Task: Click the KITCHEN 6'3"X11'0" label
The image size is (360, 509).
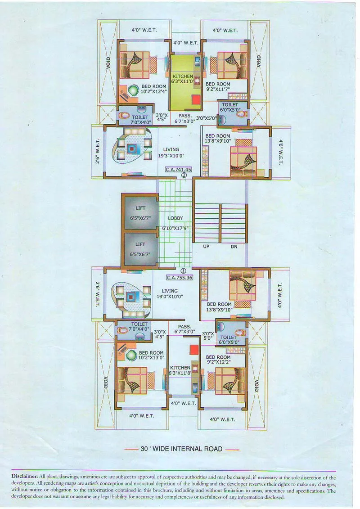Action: (182, 79)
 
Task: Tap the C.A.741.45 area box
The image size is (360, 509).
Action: (179, 170)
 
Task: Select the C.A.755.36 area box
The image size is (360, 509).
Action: (180, 278)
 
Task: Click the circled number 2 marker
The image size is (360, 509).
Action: (184, 176)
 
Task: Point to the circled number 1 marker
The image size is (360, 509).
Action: (184, 271)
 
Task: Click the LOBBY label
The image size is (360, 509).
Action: (175, 218)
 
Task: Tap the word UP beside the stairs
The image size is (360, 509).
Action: (207, 247)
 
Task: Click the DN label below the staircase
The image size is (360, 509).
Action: (234, 247)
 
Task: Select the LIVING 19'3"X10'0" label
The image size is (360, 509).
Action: (171, 152)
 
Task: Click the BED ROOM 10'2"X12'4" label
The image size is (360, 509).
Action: (153, 89)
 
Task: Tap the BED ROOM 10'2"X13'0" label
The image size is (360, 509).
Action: (151, 356)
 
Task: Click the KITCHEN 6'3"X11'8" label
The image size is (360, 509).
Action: (180, 370)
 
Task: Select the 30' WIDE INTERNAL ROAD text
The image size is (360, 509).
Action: (181, 449)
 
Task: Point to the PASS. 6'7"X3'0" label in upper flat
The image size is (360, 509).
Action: (185, 118)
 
